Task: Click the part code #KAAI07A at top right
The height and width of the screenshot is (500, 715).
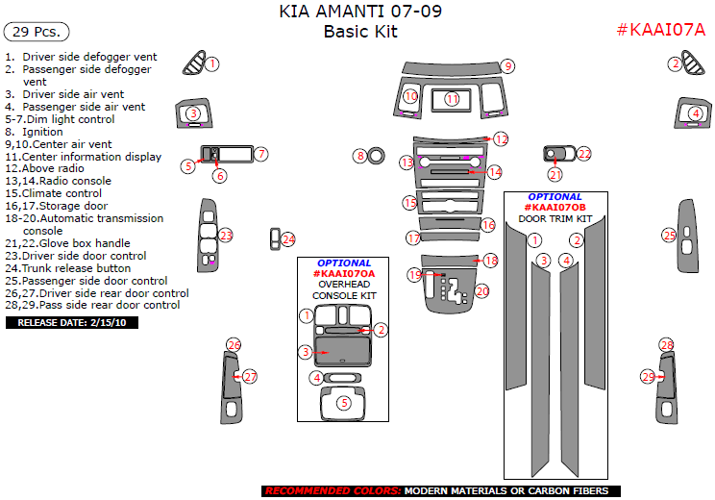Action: (660, 30)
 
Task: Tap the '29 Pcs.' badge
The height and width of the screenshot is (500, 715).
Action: (37, 32)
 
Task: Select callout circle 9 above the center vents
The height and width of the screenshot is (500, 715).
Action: (507, 66)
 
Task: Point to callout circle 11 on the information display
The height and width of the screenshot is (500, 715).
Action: (452, 99)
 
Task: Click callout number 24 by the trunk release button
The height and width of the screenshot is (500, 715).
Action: (288, 239)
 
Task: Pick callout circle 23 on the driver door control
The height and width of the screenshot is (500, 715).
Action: (226, 235)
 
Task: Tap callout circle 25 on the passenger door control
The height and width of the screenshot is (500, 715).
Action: (669, 234)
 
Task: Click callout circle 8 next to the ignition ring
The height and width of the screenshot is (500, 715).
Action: (360, 156)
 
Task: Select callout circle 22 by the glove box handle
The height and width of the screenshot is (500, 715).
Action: (583, 154)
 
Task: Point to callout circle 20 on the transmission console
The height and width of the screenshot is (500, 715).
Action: (481, 290)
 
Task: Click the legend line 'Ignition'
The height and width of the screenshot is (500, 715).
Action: (41, 132)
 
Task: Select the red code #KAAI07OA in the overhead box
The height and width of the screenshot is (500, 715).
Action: (343, 274)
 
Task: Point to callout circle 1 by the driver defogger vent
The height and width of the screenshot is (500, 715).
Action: (212, 63)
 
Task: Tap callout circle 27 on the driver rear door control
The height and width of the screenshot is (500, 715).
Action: (250, 377)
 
